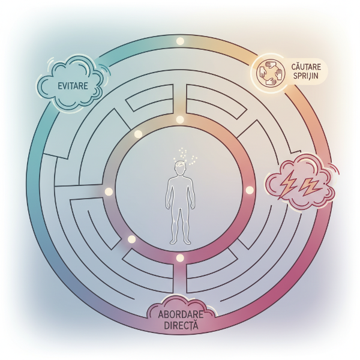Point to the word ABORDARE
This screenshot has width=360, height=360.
tap(180, 316)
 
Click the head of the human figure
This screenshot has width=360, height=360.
tap(180, 170)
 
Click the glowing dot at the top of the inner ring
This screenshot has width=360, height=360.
tap(179, 119)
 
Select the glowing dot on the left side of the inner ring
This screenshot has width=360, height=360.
tap(109, 191)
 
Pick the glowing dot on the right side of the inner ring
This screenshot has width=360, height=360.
tap(250, 190)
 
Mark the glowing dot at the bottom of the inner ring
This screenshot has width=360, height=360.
tap(179, 258)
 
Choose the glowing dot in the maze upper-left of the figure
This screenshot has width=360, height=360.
tap(137, 133)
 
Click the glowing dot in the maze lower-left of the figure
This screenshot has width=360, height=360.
tap(131, 239)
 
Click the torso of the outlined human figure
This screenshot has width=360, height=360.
tap(180, 195)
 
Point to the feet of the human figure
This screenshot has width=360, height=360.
tap(180, 241)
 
